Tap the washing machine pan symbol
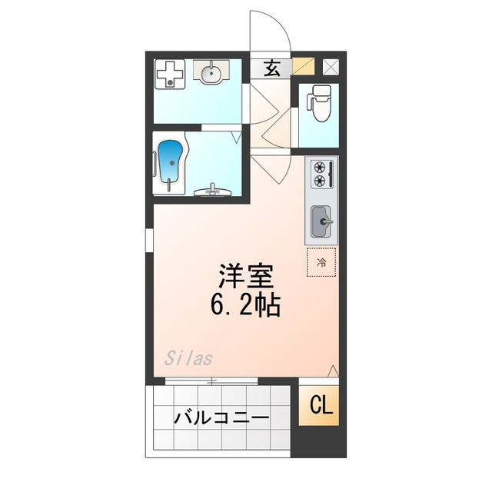coord(170,75)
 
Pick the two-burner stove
coord(321,174)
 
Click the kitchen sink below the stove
coord(321,222)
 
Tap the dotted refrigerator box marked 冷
coord(322,262)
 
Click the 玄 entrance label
coord(272,68)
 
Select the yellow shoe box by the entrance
coord(303,67)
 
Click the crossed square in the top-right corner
coord(331,67)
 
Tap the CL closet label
coord(322,405)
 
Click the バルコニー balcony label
coord(221,418)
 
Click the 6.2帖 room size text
coord(245,305)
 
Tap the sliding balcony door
coord(211,381)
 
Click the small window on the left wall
coord(150,239)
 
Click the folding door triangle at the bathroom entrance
coord(236,136)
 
